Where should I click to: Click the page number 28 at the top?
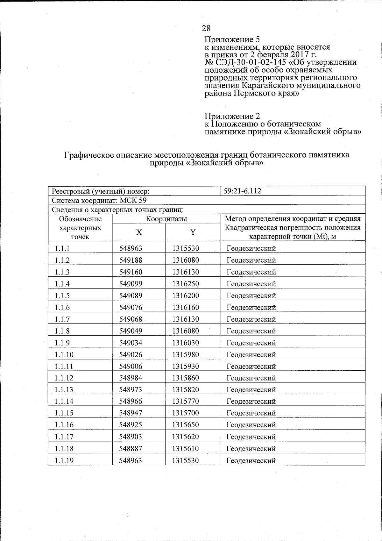click(x=206, y=29)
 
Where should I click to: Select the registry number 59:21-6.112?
click(x=242, y=191)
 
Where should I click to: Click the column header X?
click(x=139, y=232)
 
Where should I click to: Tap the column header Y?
click(x=193, y=232)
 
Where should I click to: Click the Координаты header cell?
click(x=166, y=219)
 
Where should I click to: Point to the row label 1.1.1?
click(x=62, y=248)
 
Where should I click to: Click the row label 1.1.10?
click(x=64, y=355)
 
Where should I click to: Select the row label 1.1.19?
click(x=64, y=461)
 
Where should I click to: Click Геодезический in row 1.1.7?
click(x=251, y=319)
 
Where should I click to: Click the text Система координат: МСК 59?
click(x=99, y=201)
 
